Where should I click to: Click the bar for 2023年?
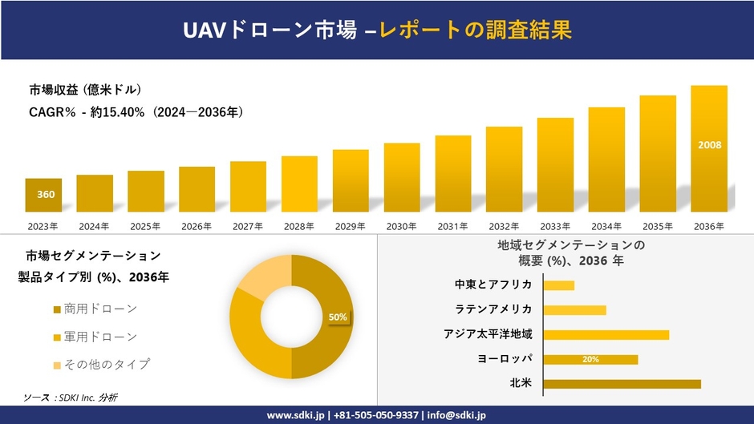pos(43,195)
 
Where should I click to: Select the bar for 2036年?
pos(709,148)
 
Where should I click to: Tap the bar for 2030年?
pos(402,177)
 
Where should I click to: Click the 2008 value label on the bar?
pos(709,145)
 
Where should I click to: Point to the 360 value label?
pos(46,194)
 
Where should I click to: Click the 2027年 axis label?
pos(248,227)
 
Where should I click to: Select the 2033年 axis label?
pos(555,227)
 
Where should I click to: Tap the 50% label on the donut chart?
pos(338,317)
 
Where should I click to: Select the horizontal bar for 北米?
pos(622,384)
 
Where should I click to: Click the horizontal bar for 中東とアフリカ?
pos(558,285)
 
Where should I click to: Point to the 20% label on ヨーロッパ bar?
pos(590,359)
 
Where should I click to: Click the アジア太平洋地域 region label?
pos(488,334)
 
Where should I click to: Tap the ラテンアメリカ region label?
pos(493,309)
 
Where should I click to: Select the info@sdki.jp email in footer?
pos(456,415)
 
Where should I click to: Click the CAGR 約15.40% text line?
pos(136,113)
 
